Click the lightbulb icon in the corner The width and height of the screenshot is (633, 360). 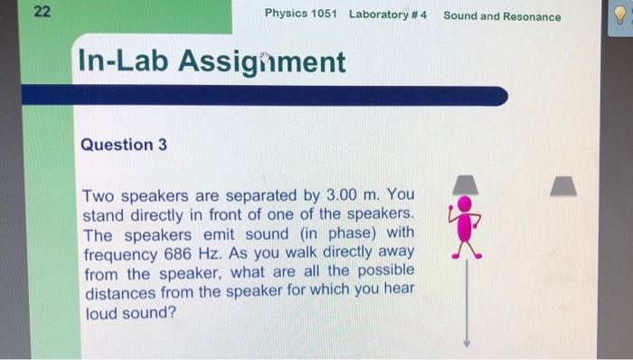click(620, 15)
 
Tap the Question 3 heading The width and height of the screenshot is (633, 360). click(124, 145)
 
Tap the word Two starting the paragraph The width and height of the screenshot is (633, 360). click(100, 195)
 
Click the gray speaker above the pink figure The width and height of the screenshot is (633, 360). click(465, 184)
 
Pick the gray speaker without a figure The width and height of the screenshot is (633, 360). click(564, 185)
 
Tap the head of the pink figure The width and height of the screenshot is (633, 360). click(465, 204)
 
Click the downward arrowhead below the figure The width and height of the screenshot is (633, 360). click(466, 342)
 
